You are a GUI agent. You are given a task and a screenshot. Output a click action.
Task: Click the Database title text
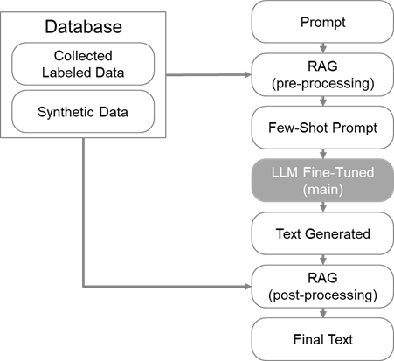click(x=83, y=27)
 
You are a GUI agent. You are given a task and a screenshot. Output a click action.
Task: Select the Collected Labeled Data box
click(x=83, y=64)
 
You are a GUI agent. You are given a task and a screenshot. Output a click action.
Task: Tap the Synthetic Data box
click(x=83, y=112)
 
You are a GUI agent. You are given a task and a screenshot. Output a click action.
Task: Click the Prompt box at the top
click(x=322, y=22)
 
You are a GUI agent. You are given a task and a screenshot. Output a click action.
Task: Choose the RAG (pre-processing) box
click(x=322, y=74)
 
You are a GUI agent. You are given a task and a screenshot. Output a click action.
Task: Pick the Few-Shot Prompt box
click(x=322, y=128)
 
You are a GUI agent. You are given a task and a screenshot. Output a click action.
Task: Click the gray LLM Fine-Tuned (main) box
click(x=322, y=180)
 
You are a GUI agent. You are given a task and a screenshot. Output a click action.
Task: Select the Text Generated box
click(x=322, y=233)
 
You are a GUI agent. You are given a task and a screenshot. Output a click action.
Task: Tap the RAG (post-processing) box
click(x=322, y=287)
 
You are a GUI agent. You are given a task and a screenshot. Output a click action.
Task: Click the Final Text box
click(x=322, y=339)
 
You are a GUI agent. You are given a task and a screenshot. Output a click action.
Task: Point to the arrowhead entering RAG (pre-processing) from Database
click(x=248, y=75)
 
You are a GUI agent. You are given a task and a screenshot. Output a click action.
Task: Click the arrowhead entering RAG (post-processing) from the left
click(x=248, y=287)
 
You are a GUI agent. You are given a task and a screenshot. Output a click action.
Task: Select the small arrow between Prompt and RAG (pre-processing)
click(x=322, y=48)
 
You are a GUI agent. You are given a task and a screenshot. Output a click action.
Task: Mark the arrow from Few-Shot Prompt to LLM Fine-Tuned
click(x=322, y=154)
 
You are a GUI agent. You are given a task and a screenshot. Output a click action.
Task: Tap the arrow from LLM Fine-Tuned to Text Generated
click(x=322, y=207)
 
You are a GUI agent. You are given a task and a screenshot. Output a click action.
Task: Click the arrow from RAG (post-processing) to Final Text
click(x=322, y=313)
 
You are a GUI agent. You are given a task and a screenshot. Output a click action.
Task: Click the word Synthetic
click(x=66, y=112)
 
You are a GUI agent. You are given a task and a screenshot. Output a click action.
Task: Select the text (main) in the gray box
click(x=322, y=190)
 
